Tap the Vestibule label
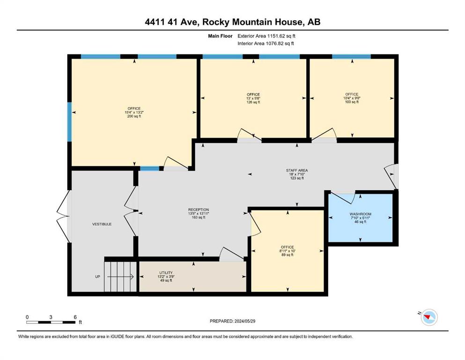[x=102, y=224]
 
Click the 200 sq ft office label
[x=134, y=112]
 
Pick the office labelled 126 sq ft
[x=253, y=98]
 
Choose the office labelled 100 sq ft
[x=352, y=98]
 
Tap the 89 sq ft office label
[x=288, y=251]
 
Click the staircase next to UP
[x=120, y=276]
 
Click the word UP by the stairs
[x=97, y=277]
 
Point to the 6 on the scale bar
[x=75, y=317]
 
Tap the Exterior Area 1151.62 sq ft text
[x=266, y=36]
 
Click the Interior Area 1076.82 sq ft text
[x=266, y=43]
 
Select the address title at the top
[x=232, y=22]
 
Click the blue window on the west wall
[x=69, y=122]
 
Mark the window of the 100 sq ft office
[x=351, y=56]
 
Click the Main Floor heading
[x=220, y=36]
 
